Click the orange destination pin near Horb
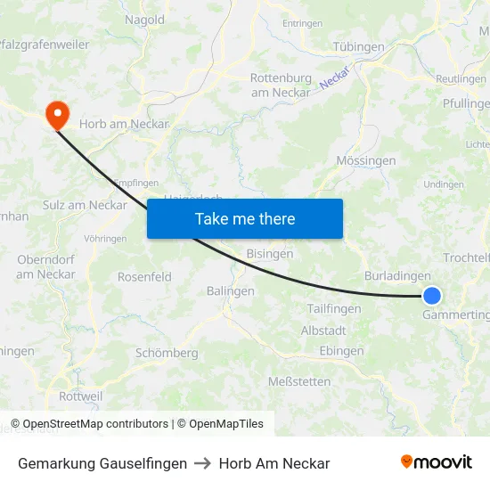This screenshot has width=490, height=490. [58, 114]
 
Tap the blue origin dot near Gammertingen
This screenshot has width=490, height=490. [432, 297]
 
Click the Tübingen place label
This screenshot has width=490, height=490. [358, 46]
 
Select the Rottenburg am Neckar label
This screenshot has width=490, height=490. [281, 85]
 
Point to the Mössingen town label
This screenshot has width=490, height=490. [366, 161]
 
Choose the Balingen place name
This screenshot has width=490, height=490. [231, 291]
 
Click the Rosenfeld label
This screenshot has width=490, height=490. [144, 277]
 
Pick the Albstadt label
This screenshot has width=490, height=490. [323, 331]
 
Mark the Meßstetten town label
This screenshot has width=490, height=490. [299, 381]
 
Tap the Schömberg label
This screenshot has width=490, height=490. [167, 353]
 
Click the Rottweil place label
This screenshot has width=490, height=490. [80, 396]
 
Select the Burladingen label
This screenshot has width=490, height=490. [397, 276]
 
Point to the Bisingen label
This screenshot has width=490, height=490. [270, 254]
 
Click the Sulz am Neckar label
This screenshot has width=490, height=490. [85, 205]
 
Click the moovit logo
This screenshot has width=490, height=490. [437, 462]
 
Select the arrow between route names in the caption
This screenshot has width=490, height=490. [203, 463]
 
